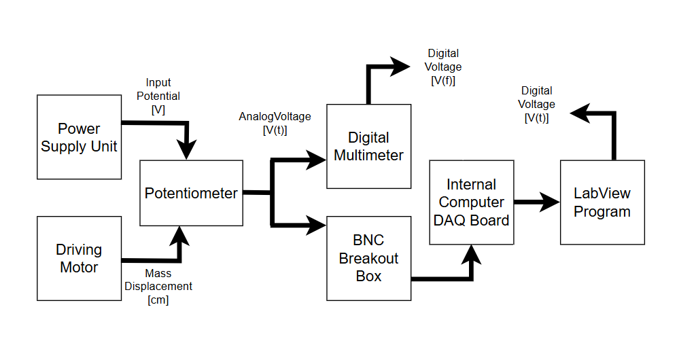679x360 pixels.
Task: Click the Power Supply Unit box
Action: [79, 137]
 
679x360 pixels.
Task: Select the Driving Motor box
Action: [79, 259]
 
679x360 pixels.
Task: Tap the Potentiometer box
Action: [191, 193]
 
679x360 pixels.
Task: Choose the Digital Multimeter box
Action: [368, 146]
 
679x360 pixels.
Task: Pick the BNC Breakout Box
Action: [368, 258]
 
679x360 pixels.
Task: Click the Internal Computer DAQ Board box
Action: [471, 202]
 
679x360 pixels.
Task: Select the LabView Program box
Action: [602, 202]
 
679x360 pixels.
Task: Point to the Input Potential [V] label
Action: [158, 96]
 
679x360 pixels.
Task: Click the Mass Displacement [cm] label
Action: [158, 287]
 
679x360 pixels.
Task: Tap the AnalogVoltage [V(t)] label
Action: [275, 123]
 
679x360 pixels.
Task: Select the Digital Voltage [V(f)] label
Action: [443, 67]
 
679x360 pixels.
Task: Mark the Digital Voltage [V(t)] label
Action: [537, 104]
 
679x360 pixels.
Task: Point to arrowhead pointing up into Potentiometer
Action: [181, 236]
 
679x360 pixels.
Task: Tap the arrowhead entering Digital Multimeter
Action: [317, 160]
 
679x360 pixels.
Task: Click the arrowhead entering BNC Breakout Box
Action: [317, 224]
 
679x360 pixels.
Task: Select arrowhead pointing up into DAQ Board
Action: [471, 253]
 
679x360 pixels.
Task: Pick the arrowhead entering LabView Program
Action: [551, 202]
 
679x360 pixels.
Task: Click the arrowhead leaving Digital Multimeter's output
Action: [401, 66]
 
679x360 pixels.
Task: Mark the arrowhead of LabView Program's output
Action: [579, 114]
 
